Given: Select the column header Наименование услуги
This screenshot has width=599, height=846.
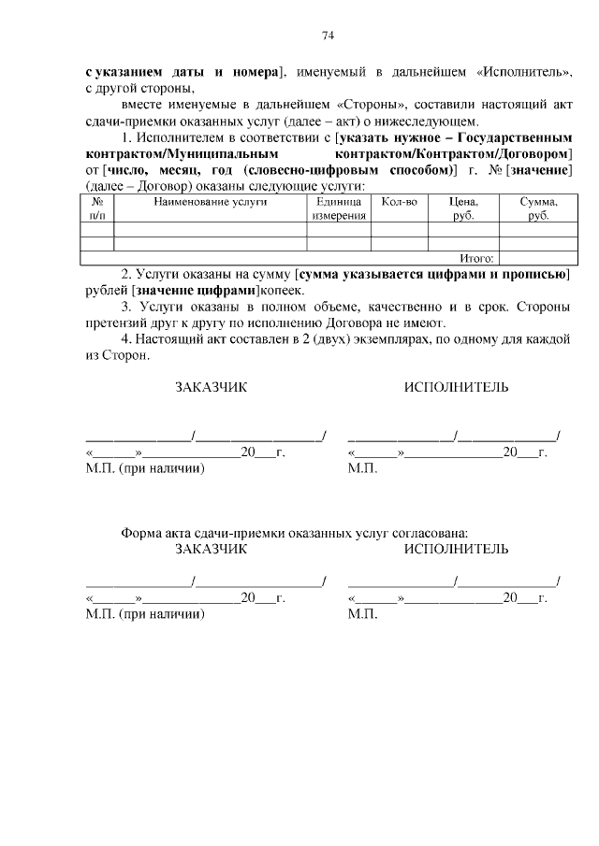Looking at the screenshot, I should click(211, 201).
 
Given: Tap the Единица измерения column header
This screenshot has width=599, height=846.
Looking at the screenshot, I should click(339, 208).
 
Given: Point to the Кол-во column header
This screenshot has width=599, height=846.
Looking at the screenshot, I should click(400, 201).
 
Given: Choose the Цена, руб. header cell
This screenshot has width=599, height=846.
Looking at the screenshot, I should click(463, 208).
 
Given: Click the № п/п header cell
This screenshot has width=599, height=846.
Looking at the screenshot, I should click(96, 208).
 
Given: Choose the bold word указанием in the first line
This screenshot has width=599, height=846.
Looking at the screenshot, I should click(132, 72).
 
